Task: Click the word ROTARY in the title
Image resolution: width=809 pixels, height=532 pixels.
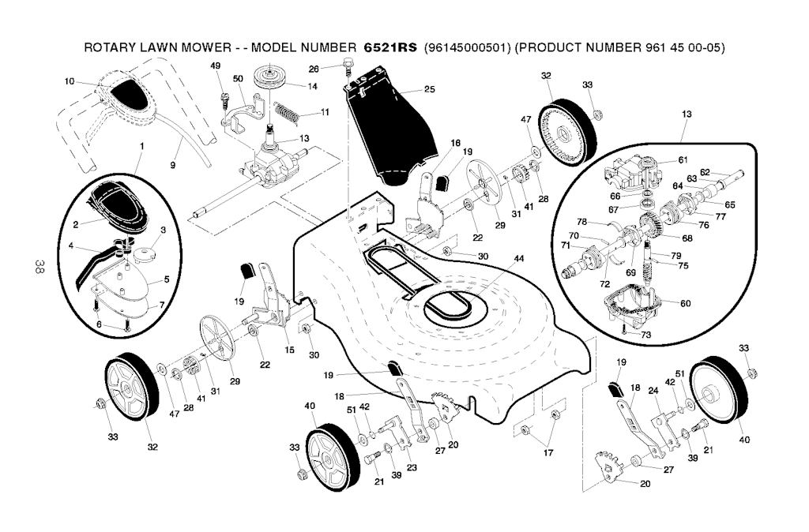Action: coord(110,48)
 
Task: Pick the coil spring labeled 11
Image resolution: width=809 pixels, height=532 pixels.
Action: coord(289,111)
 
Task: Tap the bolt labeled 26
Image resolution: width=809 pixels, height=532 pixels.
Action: coord(348,68)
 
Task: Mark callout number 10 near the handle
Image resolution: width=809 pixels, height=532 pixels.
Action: coord(69,81)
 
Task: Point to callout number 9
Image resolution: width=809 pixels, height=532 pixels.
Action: coord(172,165)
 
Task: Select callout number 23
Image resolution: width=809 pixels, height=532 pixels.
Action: coord(412,467)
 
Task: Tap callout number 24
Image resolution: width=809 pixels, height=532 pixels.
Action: coord(653,390)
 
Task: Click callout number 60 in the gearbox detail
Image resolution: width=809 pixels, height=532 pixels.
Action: coord(685,303)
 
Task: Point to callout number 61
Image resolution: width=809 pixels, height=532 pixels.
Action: coord(683,159)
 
